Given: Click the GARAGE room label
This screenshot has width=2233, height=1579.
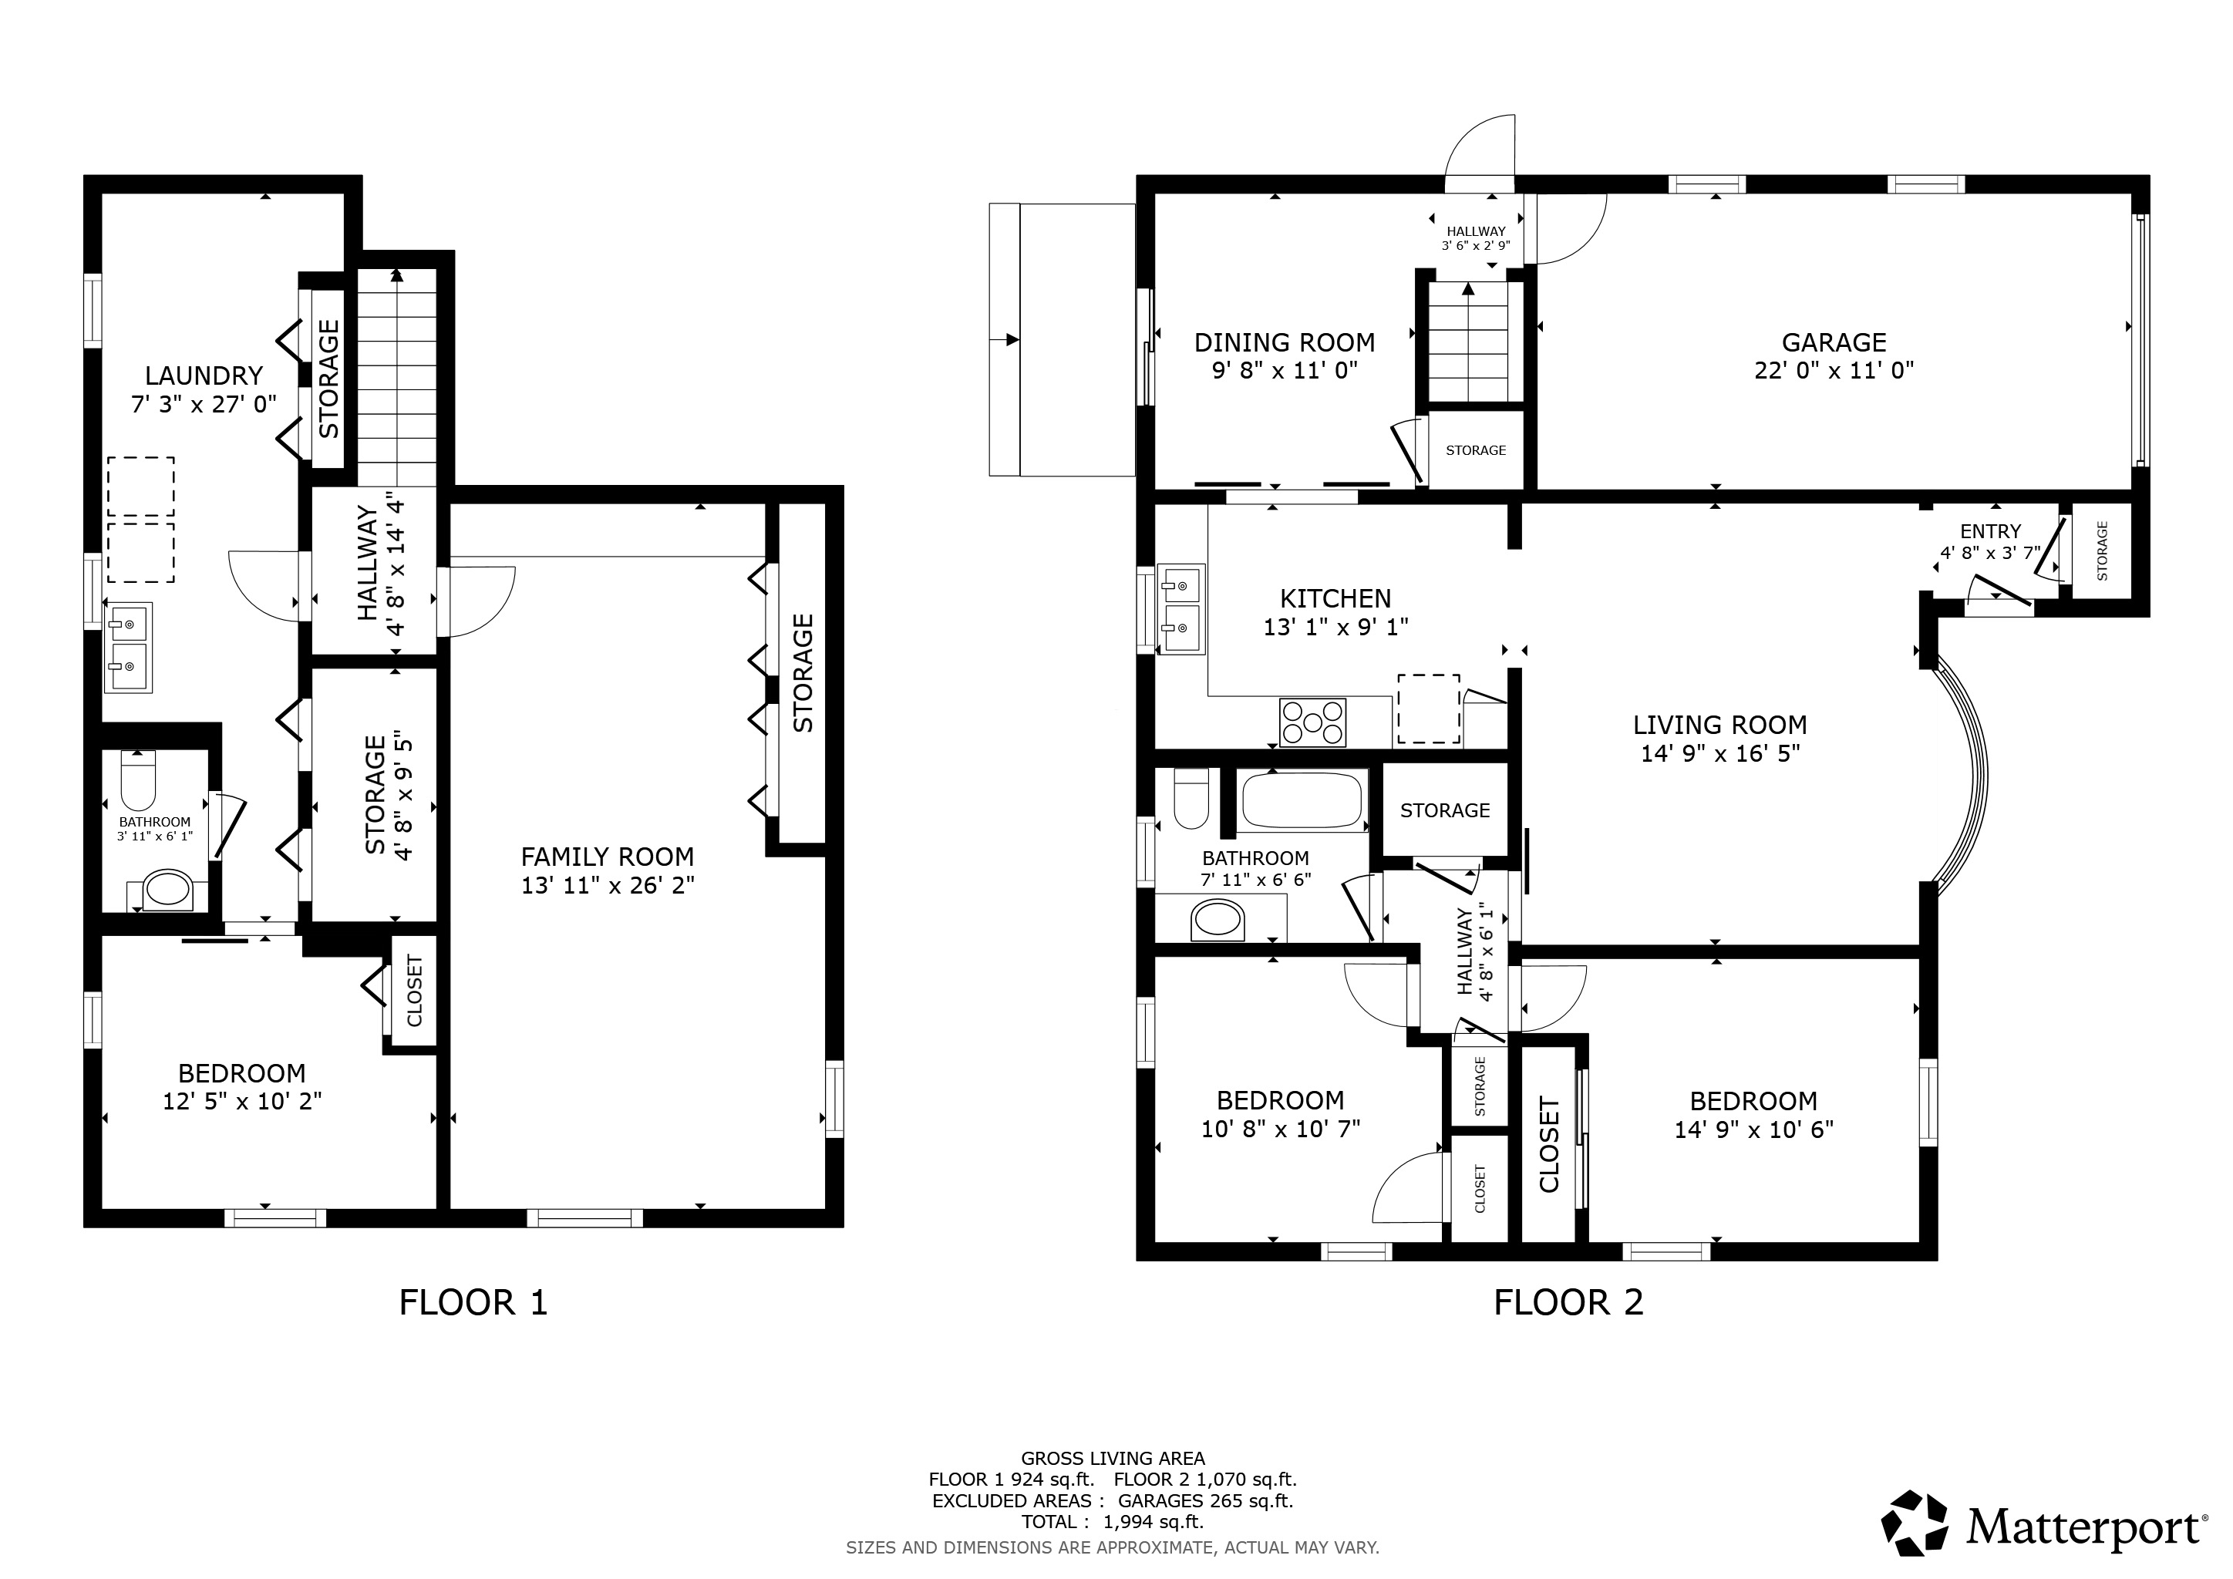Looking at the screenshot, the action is point(1834,342).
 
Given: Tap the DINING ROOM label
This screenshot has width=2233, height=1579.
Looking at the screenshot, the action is point(1284,342).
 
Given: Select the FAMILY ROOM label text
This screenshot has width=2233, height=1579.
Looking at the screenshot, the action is point(607,857).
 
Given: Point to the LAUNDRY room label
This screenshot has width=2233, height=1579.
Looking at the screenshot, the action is point(204,375).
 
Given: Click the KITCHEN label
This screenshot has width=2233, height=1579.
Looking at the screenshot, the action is point(1335,599).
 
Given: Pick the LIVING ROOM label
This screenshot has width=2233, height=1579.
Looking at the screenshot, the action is point(1719,726).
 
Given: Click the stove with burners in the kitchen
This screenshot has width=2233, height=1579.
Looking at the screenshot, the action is point(1313,722).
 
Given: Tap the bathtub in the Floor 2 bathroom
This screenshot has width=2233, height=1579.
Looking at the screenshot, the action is point(1304,800).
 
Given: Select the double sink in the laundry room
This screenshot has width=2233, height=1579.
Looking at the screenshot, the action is point(127,647).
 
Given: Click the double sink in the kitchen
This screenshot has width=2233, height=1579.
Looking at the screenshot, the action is point(1180,610).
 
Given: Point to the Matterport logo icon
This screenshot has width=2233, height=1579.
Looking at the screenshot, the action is point(1914,1523).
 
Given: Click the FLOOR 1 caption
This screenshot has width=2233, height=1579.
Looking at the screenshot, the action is point(473,1302).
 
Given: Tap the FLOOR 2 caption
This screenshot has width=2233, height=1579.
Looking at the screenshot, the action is point(1569,1302).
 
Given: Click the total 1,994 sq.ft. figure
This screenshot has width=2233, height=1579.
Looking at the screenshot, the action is point(1153,1522).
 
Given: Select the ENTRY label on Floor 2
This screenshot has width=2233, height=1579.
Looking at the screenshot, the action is point(1990,532).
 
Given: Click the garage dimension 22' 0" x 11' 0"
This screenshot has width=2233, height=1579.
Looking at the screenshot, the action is point(1834,370).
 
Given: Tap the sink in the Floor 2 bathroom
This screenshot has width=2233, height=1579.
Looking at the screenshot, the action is point(1218,920).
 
